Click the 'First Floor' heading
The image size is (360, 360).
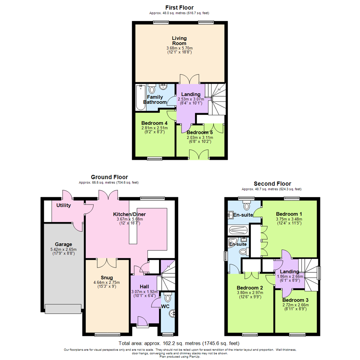179,7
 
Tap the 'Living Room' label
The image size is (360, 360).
179,41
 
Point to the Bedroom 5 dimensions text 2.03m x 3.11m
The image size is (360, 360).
200,137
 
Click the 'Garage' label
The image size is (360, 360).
63,244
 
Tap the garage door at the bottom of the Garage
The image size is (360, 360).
63,309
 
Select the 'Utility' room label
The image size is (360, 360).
63,205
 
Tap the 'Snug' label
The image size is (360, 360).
107,277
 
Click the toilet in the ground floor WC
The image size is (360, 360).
168,297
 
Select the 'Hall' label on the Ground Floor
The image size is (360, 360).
144,287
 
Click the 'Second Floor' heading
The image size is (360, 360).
272,184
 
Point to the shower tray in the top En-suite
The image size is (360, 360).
238,230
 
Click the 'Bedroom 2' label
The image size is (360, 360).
250,288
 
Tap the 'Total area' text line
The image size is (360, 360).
179,343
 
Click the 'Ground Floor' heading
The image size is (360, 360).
109,177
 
